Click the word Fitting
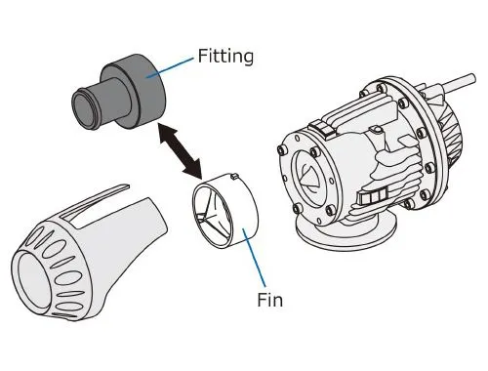tap(225, 57)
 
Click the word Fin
tap(269, 300)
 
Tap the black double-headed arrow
tap(180, 150)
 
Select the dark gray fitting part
tap(119, 92)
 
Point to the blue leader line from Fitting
tap(169, 68)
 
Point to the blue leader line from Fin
tap(254, 258)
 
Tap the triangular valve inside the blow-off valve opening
tap(310, 177)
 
